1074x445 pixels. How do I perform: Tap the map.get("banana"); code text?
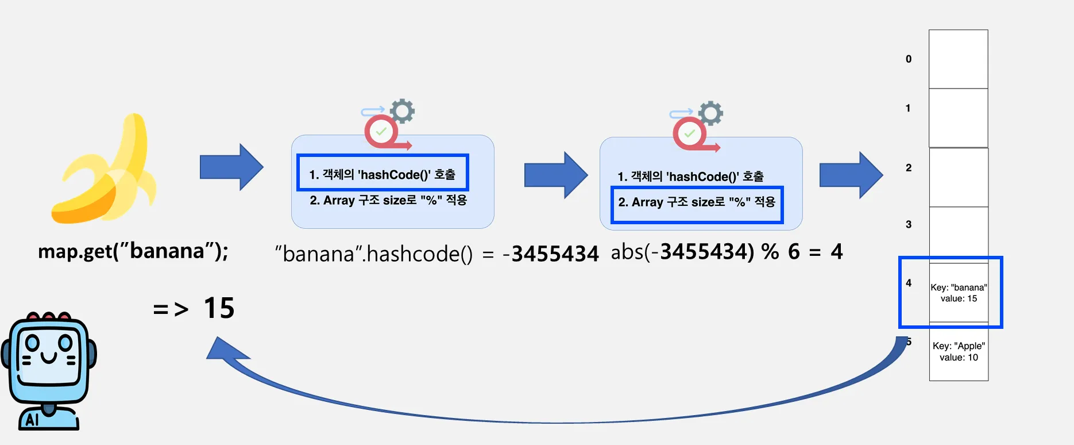pos(133,251)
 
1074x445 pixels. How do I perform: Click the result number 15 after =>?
pos(219,308)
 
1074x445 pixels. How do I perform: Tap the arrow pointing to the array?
pos(851,175)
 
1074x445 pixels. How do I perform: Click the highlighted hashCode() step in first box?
pos(383,174)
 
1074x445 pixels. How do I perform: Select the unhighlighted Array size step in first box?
pos(388,200)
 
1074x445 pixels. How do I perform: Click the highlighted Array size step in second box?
pos(697,202)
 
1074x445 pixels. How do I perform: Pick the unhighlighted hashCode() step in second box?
pos(690,177)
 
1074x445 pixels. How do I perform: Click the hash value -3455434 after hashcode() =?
pos(554,254)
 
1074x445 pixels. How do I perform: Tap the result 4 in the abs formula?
pos(836,251)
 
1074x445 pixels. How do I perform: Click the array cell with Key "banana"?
pos(959,293)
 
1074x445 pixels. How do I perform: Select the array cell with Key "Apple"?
pos(959,352)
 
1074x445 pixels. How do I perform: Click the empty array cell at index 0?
pos(959,59)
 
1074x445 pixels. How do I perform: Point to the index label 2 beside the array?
pos(909,168)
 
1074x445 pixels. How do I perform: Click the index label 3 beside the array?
pos(909,224)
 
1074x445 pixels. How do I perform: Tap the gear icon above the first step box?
pos(403,111)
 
